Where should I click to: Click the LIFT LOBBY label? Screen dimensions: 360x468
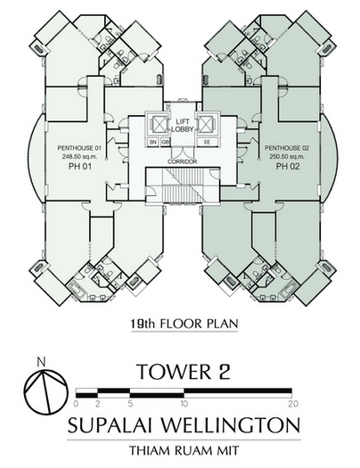pyautogui.click(x=183, y=126)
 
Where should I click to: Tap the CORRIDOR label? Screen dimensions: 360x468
pyautogui.click(x=183, y=161)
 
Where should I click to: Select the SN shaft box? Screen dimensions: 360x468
pyautogui.click(x=153, y=142)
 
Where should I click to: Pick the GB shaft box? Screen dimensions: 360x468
pyautogui.click(x=165, y=142)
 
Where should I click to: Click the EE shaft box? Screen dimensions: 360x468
pyautogui.click(x=208, y=142)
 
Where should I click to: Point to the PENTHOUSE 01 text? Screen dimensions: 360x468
pyautogui.click(x=79, y=148)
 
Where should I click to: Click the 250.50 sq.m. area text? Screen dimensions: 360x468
pyautogui.click(x=287, y=156)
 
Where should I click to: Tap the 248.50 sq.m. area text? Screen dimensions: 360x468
pyautogui.click(x=79, y=156)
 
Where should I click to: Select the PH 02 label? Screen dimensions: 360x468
pyautogui.click(x=287, y=166)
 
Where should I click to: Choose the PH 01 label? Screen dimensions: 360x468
pyautogui.click(x=79, y=166)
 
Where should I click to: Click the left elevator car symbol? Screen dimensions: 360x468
pyautogui.click(x=158, y=125)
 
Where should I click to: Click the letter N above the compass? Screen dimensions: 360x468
pyautogui.click(x=42, y=362)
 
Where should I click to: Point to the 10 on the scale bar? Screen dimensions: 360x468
pyautogui.click(x=184, y=404)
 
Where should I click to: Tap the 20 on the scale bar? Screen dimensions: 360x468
pyautogui.click(x=293, y=404)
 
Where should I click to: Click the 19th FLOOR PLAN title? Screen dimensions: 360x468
pyautogui.click(x=184, y=324)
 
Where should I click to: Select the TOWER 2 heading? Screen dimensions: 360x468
pyautogui.click(x=184, y=372)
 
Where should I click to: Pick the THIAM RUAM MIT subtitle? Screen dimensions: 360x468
pyautogui.click(x=184, y=450)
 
